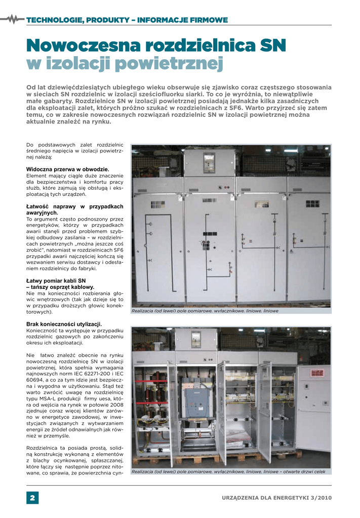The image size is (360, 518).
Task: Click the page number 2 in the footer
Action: [x=32, y=498]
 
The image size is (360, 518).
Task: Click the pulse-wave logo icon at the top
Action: [x=14, y=19]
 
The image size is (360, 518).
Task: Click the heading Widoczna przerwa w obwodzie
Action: [x=67, y=169]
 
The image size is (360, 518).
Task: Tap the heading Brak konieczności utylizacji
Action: [x=64, y=324]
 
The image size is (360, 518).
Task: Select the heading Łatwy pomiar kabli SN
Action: [x=56, y=280]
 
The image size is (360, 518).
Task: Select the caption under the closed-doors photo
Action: [x=205, y=311]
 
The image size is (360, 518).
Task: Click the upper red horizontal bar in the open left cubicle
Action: [x=150, y=380]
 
